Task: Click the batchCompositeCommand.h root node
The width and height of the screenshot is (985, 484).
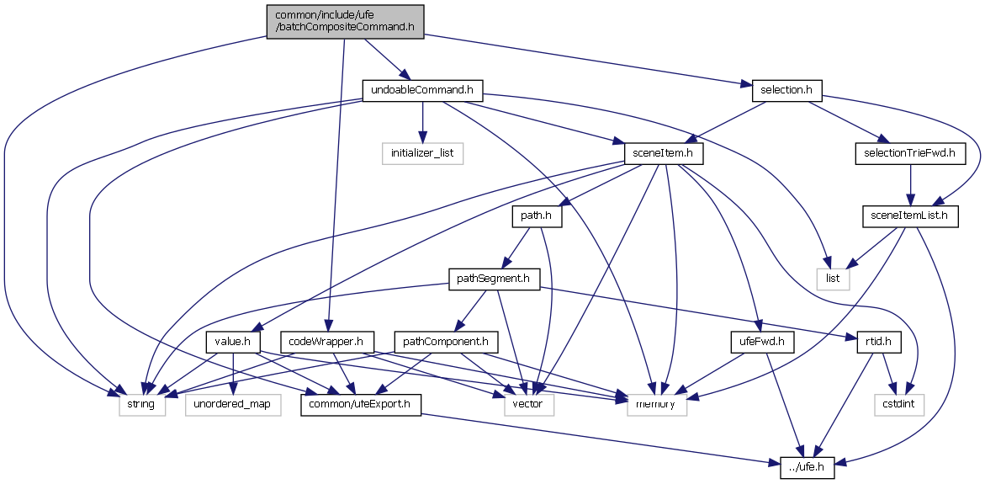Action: pos(344,20)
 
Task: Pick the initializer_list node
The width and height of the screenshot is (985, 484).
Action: pos(422,152)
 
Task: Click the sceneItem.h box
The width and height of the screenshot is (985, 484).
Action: pos(664,152)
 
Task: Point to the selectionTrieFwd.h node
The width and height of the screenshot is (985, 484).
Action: pos(910,152)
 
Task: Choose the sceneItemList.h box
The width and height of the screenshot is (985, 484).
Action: pos(910,215)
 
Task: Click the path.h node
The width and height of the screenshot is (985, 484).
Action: pos(536,215)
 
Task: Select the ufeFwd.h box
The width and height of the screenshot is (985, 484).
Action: pos(757,342)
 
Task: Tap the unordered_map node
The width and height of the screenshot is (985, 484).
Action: pos(232,405)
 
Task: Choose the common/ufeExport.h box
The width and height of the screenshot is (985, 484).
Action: pos(361,405)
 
